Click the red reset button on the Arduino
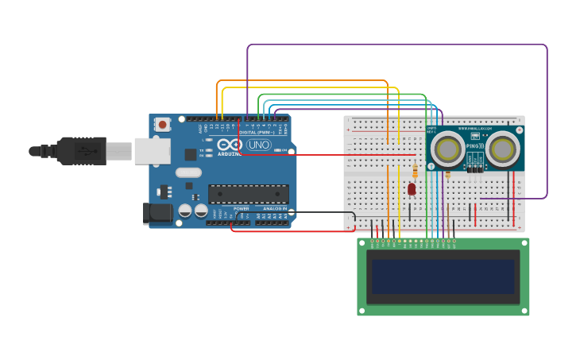point(163,124)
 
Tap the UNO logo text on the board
point(258,145)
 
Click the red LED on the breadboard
point(412,189)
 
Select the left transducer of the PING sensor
point(447,148)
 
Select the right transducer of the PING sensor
point(502,148)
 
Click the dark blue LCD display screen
point(443,277)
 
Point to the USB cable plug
point(79,150)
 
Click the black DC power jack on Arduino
point(157,212)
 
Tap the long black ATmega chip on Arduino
point(248,194)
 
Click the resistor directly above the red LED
point(416,171)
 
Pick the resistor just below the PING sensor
point(448,174)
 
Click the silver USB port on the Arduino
point(152,150)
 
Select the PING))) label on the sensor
point(474,146)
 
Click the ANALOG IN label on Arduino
point(275,208)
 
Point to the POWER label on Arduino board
point(241,208)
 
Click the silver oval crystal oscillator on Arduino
point(188,172)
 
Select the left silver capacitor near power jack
point(185,211)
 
